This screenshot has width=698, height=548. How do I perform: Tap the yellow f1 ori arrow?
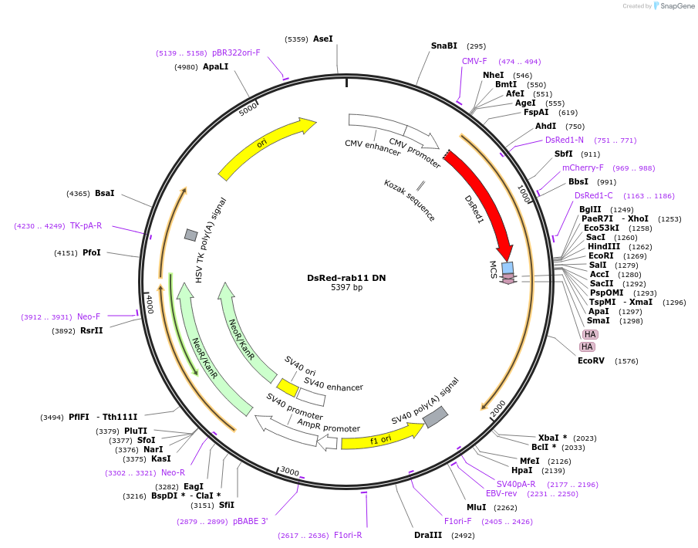pyautogui.click(x=382, y=437)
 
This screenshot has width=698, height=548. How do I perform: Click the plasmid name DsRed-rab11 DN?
pyautogui.click(x=346, y=278)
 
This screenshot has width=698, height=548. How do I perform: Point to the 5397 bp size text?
pyautogui.click(x=346, y=288)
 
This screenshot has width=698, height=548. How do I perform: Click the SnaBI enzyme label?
pyautogui.click(x=444, y=46)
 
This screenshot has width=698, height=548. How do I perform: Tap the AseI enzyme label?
pyautogui.click(x=323, y=39)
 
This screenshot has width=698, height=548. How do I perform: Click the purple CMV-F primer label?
pyautogui.click(x=474, y=61)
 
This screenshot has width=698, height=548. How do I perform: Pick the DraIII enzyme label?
pyautogui.click(x=428, y=535)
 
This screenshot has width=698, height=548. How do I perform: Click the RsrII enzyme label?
pyautogui.click(x=92, y=330)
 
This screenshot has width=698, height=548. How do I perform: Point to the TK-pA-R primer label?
pyautogui.click(x=86, y=226)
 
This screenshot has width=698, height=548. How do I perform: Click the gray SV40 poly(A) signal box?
pyautogui.click(x=435, y=417)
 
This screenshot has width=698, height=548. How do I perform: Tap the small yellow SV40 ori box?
pyautogui.click(x=288, y=387)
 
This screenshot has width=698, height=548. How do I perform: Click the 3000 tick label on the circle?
pyautogui.click(x=289, y=472)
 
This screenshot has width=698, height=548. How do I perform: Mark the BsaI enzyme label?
pyautogui.click(x=105, y=193)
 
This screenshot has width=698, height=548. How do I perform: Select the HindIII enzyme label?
pyautogui.click(x=604, y=246)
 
